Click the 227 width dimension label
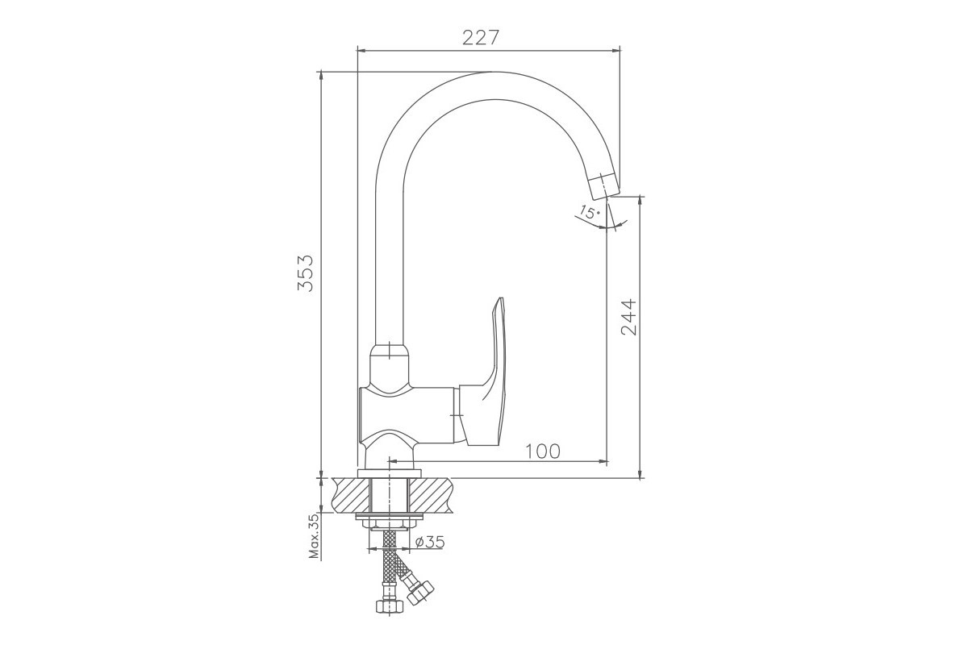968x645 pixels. click(x=481, y=38)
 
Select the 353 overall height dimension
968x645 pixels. click(x=305, y=273)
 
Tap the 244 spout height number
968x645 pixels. click(x=628, y=317)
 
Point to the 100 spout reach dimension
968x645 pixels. click(x=543, y=451)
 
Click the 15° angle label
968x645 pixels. click(x=590, y=212)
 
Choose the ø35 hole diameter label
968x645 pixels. click(x=429, y=542)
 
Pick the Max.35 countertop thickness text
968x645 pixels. click(x=315, y=536)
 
